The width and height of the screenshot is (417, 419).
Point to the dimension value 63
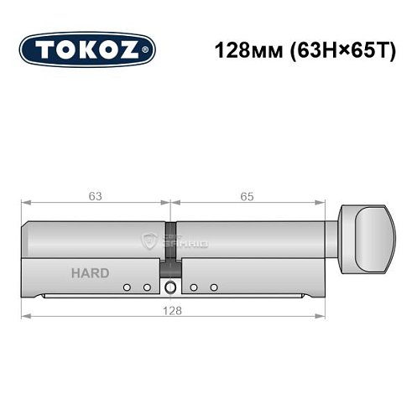click(96, 197)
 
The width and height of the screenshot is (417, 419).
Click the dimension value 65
click(247, 197)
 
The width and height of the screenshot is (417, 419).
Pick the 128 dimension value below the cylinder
click(172, 309)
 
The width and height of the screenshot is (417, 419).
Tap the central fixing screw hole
click(171, 288)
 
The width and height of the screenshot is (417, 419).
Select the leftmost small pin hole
click(127, 288)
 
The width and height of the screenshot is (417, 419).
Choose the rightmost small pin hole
click(215, 288)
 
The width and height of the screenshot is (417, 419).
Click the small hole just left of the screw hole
click(146, 288)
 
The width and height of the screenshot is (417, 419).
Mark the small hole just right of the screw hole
click(194, 288)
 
